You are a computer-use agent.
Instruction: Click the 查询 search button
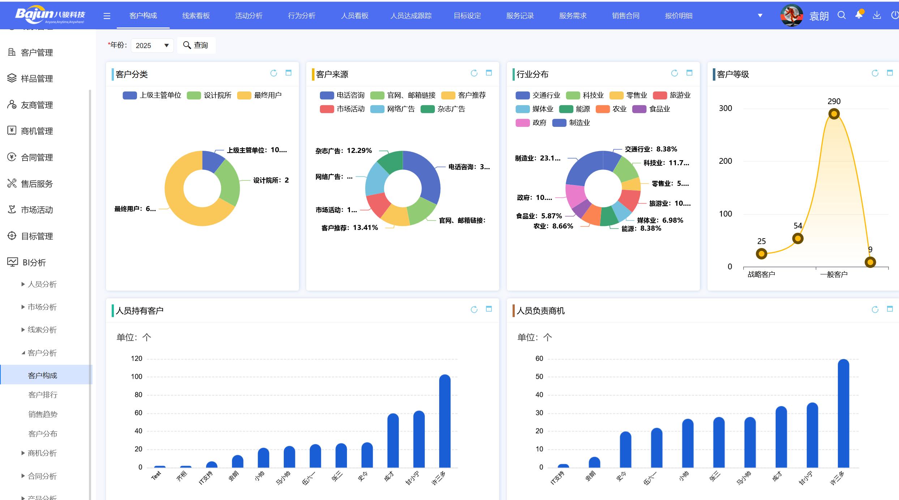tap(196, 45)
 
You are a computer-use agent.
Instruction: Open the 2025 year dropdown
tap(152, 46)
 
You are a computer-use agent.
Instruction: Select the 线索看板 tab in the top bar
tap(196, 16)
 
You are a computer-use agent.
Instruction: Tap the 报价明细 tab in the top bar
tap(678, 16)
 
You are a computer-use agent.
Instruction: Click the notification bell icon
tap(859, 15)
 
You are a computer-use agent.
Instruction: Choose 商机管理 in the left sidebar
tap(37, 131)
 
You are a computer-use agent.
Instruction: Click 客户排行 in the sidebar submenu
tap(43, 395)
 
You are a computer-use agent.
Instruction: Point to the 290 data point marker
tap(834, 114)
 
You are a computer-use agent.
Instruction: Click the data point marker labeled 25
tap(761, 254)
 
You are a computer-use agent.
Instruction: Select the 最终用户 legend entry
tap(260, 95)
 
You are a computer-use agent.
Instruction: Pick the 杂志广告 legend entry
tap(443, 109)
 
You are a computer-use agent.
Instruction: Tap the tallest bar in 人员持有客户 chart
tap(445, 421)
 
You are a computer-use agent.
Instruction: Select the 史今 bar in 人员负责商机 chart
tap(625, 450)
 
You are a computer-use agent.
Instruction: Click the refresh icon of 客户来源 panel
tap(474, 73)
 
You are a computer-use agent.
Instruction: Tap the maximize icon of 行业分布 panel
tap(689, 73)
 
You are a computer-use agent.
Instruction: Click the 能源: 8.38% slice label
tap(641, 228)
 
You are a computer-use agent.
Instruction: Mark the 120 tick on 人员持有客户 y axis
tap(137, 359)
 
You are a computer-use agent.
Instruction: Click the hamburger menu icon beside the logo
tap(107, 16)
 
